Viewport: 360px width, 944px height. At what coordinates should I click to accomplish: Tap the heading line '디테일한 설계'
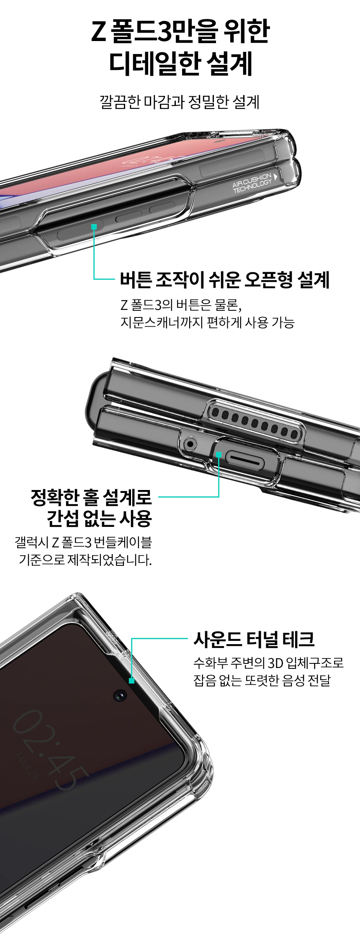point(180,64)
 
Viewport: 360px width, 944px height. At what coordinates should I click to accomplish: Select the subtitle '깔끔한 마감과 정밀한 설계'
point(180,101)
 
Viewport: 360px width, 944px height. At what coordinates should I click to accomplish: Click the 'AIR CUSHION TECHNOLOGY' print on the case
point(252,183)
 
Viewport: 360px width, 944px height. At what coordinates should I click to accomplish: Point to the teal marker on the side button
point(94,227)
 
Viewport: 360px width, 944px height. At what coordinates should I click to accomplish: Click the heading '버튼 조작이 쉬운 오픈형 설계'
point(225,279)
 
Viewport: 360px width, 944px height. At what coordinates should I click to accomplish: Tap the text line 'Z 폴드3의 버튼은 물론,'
point(181,304)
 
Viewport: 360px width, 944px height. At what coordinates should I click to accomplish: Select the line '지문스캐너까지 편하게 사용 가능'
point(207,322)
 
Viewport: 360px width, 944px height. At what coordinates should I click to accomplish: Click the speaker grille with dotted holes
point(255,421)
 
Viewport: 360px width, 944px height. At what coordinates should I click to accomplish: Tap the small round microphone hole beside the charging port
point(190,443)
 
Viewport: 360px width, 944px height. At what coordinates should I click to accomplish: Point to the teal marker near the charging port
point(219,454)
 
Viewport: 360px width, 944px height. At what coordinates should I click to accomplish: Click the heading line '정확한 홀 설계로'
point(91,497)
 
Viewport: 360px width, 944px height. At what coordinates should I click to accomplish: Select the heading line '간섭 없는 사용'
point(99,518)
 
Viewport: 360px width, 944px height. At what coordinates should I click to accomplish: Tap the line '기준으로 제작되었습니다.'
point(85,560)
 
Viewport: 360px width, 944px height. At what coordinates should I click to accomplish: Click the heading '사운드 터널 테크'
point(254,639)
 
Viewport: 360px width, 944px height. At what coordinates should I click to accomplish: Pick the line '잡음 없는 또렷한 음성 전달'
point(262,680)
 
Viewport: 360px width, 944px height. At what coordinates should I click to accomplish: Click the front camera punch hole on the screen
point(120,696)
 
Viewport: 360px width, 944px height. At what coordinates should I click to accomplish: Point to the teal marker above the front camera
point(132,681)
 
